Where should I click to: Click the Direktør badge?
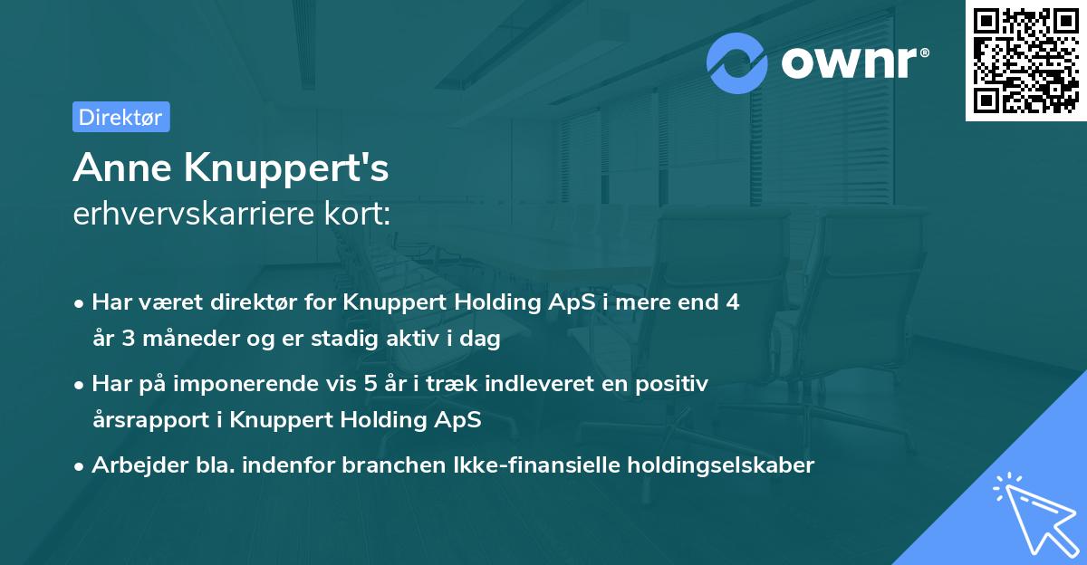point(120,117)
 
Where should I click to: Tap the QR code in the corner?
point(1025,60)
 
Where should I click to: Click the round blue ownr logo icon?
point(737,62)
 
